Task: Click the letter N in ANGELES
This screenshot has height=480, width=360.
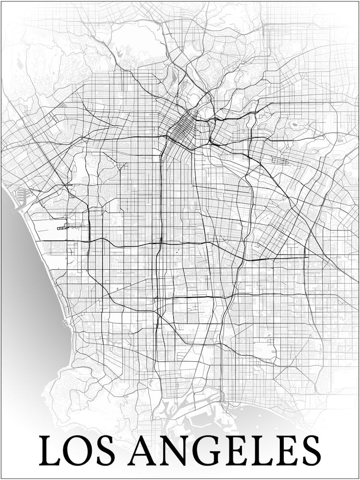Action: click(172, 450)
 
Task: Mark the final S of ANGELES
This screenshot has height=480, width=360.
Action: click(309, 450)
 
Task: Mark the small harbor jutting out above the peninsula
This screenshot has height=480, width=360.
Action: click(67, 323)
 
